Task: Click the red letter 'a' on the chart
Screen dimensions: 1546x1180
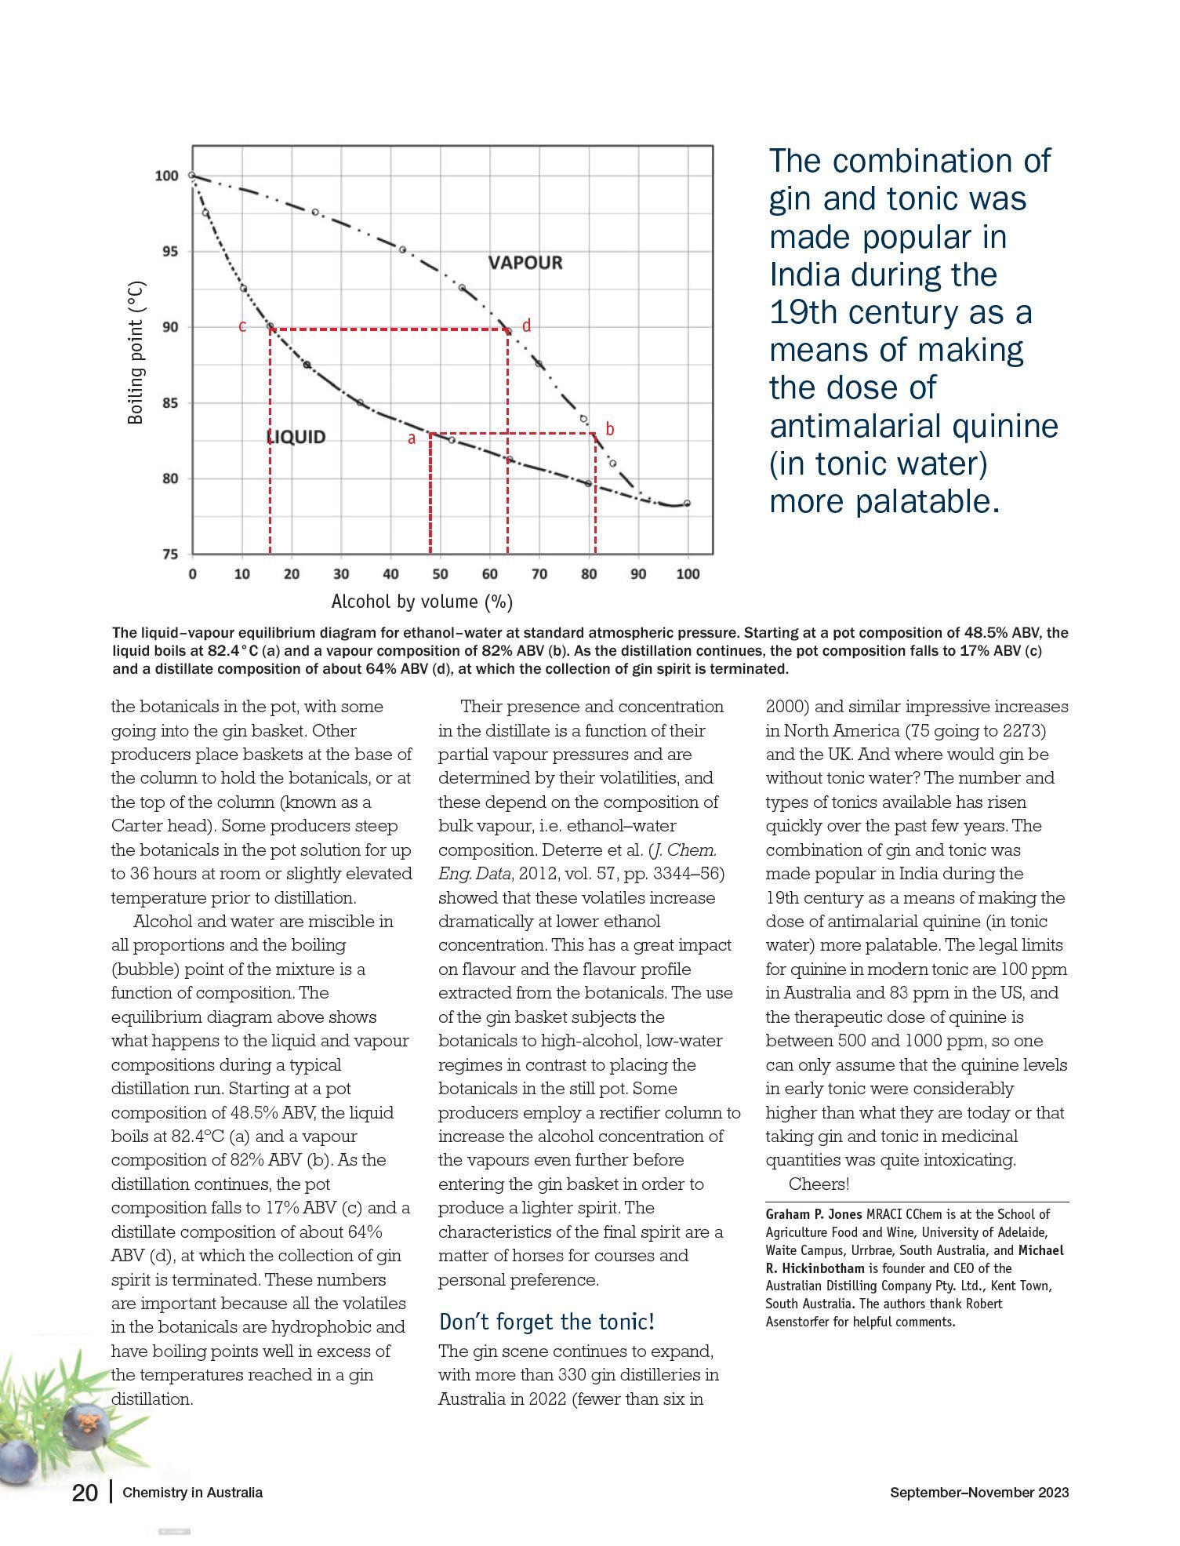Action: click(x=412, y=439)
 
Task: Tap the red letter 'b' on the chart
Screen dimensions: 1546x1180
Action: click(x=610, y=430)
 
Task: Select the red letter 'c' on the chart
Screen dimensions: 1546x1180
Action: click(x=242, y=326)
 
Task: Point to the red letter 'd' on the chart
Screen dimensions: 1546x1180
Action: click(x=526, y=326)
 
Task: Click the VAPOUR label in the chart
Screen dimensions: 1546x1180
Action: click(x=525, y=263)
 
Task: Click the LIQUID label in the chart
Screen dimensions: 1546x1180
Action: click(x=296, y=437)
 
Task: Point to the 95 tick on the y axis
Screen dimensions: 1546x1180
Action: click(x=166, y=252)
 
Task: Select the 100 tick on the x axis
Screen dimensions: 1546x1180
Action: click(x=688, y=574)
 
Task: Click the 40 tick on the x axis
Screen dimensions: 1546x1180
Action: click(x=390, y=574)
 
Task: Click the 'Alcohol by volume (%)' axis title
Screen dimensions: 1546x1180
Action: click(x=422, y=602)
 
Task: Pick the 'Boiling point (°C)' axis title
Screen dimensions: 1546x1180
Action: click(x=136, y=352)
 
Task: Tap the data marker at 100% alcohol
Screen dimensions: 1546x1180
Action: click(x=688, y=504)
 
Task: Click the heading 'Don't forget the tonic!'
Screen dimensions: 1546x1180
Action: click(x=546, y=1322)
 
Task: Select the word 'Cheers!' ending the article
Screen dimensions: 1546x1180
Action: click(x=819, y=1184)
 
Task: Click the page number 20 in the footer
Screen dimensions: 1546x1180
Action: click(x=85, y=1493)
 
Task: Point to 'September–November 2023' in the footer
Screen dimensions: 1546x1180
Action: click(x=979, y=1493)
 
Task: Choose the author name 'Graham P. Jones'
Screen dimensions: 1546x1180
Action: click(x=814, y=1214)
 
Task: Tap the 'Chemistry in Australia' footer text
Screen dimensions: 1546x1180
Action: click(x=193, y=1493)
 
